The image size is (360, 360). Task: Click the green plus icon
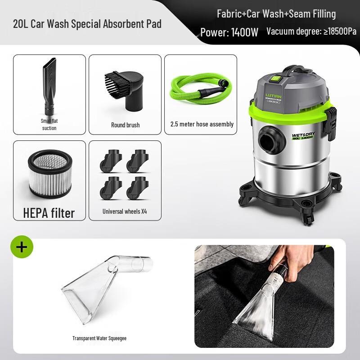pyautogui.click(x=22, y=247)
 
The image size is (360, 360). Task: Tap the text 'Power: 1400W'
pyautogui.click(x=229, y=32)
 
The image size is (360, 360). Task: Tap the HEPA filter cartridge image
pyautogui.click(x=49, y=173)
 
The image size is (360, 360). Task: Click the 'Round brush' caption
pyautogui.click(x=125, y=125)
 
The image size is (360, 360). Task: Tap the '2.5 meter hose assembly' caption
pyautogui.click(x=202, y=124)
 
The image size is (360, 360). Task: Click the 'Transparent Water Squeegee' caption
pyautogui.click(x=99, y=338)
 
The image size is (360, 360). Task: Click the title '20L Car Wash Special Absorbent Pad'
pyautogui.click(x=87, y=23)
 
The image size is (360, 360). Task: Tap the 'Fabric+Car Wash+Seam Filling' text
pyautogui.click(x=276, y=14)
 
